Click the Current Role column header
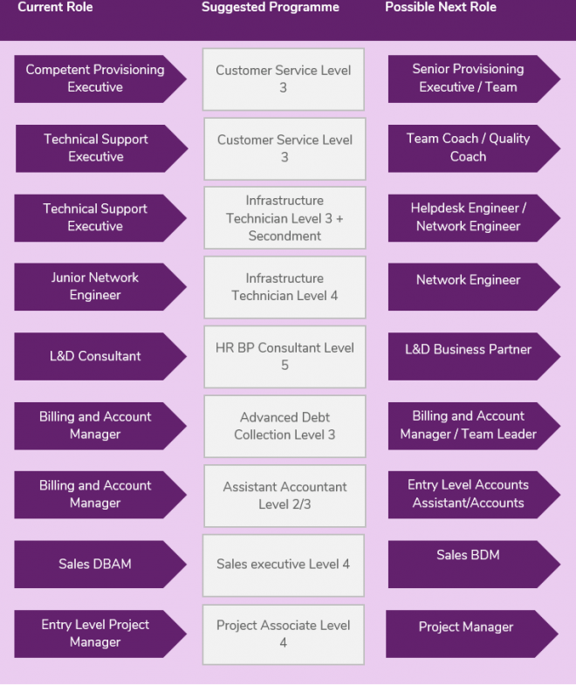[55, 7]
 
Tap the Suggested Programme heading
[270, 8]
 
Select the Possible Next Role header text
[441, 7]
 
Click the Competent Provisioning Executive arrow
[100, 79]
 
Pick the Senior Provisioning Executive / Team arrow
[474, 79]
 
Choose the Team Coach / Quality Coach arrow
[474, 148]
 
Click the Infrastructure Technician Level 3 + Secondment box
[285, 218]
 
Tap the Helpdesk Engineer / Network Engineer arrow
[474, 218]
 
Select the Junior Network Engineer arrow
[100, 287]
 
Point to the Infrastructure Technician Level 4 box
[285, 287]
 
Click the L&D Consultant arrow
[100, 357]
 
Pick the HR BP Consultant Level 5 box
[285, 357]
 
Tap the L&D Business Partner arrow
[474, 357]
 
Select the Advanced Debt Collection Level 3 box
[285, 427]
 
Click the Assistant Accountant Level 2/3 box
[285, 496]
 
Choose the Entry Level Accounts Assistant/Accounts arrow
[474, 495]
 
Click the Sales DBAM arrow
[100, 565]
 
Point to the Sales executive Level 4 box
[283, 565]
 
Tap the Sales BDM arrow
[474, 565]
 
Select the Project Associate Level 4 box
[283, 634]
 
